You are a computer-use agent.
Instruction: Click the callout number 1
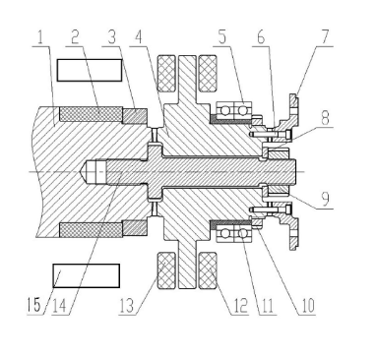click(40, 37)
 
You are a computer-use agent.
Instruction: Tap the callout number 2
click(75, 37)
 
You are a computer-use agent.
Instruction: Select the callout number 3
click(112, 37)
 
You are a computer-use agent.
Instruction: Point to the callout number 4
click(139, 37)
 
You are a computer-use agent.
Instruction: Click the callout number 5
click(222, 37)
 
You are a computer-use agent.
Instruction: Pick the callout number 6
click(261, 37)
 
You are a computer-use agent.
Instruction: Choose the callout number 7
click(325, 37)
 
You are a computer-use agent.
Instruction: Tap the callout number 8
click(325, 118)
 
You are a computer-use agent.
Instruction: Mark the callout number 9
click(325, 199)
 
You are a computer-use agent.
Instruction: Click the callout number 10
click(306, 306)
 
